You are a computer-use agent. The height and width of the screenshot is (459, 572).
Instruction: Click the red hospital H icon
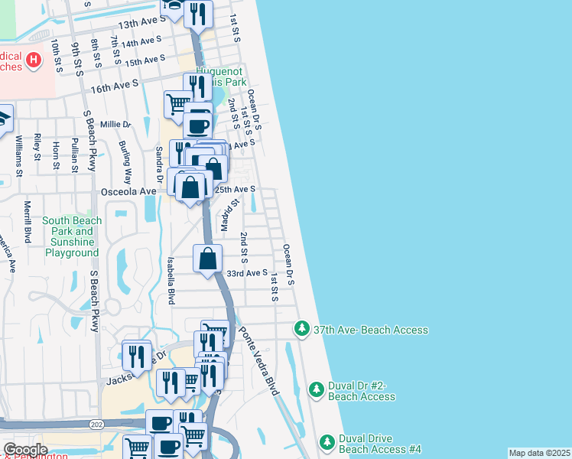coord(34,59)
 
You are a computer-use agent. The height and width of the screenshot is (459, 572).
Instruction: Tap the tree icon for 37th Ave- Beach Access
coord(302,329)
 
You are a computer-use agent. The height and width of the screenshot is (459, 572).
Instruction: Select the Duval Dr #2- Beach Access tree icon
coord(317,390)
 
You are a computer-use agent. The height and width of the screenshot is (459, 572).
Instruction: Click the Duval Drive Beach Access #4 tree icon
coord(327,443)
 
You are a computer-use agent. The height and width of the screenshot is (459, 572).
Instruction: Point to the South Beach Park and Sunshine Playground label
coord(72,236)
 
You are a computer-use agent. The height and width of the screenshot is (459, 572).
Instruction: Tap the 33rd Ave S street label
coord(246,272)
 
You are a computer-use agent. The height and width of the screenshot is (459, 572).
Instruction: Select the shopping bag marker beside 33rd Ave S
coord(207,259)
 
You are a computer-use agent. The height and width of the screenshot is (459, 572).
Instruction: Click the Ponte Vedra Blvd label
coord(258,360)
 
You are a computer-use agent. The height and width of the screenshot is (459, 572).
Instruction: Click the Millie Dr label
coord(115,124)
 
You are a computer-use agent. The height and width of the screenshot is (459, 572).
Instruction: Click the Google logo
coord(25,449)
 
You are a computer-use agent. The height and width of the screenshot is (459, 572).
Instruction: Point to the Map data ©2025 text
coord(538,453)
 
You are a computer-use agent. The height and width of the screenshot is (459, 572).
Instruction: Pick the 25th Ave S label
coord(235,188)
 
